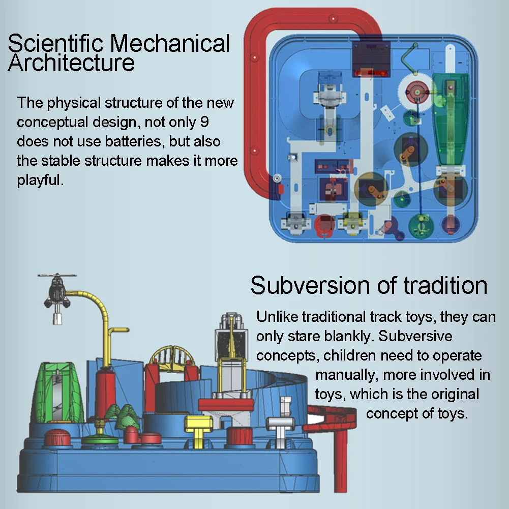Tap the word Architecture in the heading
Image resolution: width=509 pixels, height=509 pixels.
[x=72, y=64]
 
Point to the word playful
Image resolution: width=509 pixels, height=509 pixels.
[x=41, y=180]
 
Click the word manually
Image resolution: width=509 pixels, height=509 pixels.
[x=347, y=375]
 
